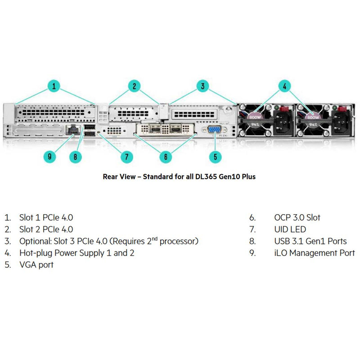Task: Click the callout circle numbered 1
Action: [x=54, y=86]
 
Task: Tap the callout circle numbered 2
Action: [x=134, y=86]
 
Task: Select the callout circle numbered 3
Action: [x=203, y=86]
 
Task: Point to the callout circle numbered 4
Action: [x=284, y=86]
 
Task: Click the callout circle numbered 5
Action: [x=215, y=157]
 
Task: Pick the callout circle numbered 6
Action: [x=166, y=157]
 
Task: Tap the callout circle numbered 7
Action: [x=126, y=157]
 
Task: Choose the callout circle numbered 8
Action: [x=76, y=157]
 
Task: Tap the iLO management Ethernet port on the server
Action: [x=72, y=130]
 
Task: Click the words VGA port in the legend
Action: [x=36, y=265]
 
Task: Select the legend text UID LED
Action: [x=290, y=229]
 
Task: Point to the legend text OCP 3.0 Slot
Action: [x=297, y=217]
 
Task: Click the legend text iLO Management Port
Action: [x=314, y=253]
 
